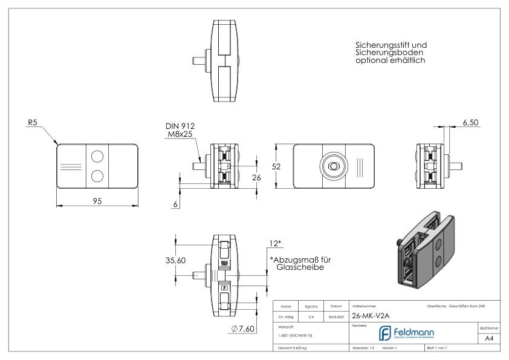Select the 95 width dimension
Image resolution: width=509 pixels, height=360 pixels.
pos(97,201)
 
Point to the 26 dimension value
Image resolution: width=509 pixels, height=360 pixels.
pos(256,177)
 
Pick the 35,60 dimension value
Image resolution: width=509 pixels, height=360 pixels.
pos(184,261)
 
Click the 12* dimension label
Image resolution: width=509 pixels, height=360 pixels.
pos(276,243)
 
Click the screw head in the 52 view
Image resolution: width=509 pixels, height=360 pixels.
pos(332,166)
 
